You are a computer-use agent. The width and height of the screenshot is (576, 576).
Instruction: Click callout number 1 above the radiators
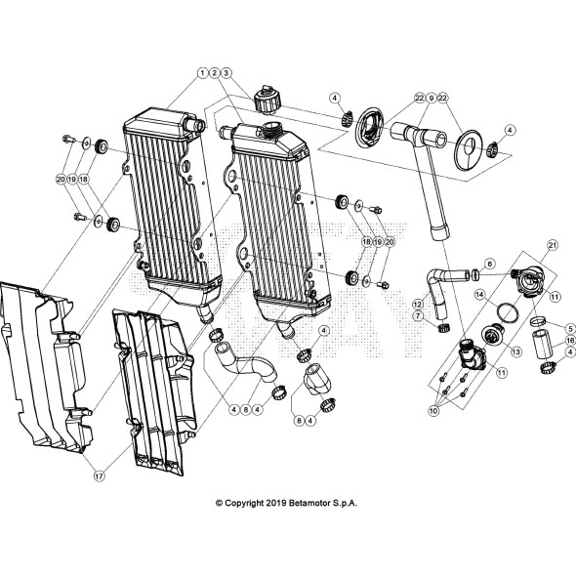[201, 72]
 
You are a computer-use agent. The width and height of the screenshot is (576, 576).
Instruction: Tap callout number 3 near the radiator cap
[226, 72]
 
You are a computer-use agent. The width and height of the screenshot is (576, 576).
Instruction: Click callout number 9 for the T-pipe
[431, 99]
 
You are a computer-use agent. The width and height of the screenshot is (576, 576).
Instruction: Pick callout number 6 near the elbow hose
[489, 264]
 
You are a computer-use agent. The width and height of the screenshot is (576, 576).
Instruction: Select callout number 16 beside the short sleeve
[569, 342]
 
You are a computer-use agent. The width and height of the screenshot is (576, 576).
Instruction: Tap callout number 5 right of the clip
[569, 328]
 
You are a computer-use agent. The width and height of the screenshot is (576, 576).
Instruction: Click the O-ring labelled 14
[507, 309]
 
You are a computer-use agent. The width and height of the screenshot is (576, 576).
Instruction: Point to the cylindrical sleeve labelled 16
[542, 347]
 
